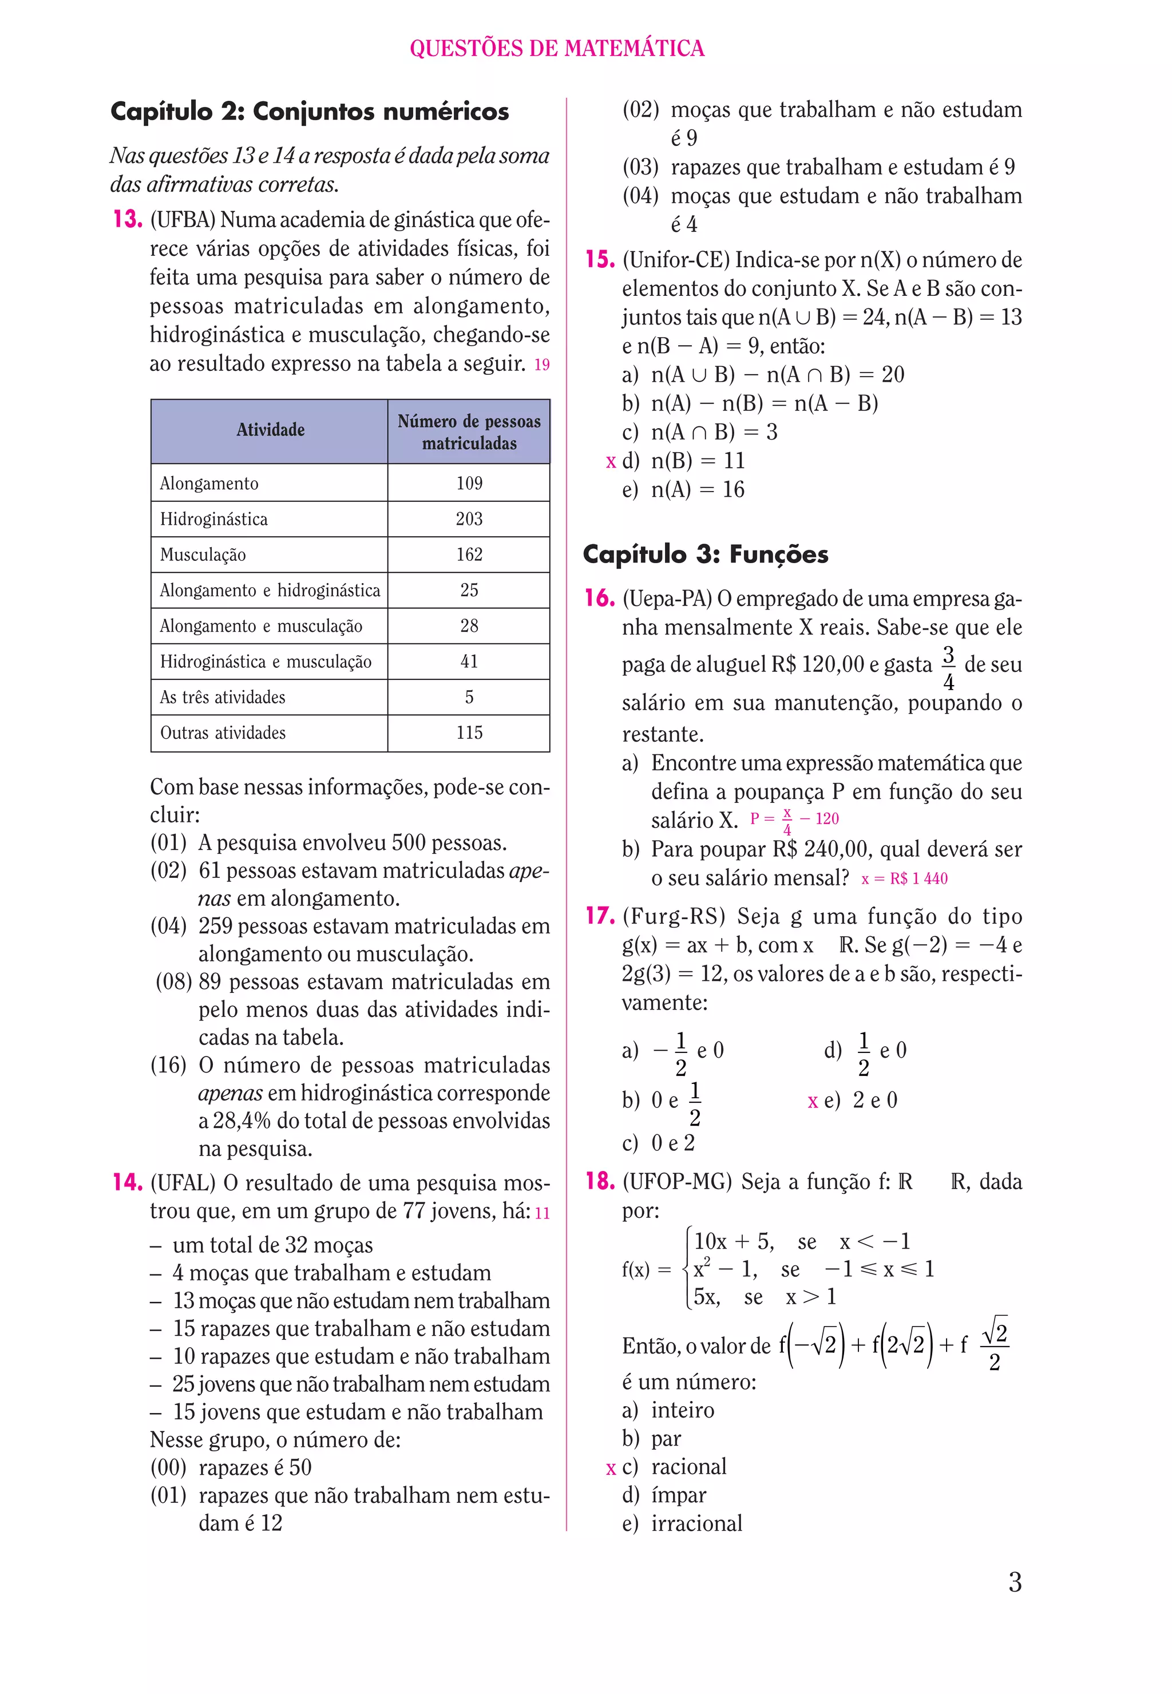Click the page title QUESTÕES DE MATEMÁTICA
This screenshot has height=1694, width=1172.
pos(557,49)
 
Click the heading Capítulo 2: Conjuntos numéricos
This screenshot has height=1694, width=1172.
pos(309,112)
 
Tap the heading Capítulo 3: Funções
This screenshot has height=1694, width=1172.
pos(705,555)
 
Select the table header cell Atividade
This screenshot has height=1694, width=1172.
pos(270,430)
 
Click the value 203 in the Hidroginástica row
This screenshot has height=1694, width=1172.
pos(469,519)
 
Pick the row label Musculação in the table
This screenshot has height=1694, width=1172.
pos(203,555)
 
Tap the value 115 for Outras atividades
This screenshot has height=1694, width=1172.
pos(469,733)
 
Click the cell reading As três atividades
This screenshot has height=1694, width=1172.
pos(223,698)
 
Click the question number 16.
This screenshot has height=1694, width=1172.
pos(599,599)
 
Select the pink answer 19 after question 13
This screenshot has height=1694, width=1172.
pos(541,365)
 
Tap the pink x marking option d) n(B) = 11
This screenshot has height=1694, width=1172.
pos(610,462)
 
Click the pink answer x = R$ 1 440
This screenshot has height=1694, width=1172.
pos(904,879)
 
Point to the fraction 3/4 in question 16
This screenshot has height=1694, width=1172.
pos(948,667)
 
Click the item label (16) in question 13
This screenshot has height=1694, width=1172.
pos(168,1066)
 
